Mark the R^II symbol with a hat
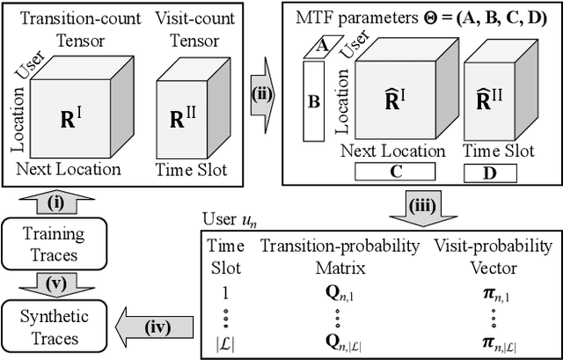(499, 101)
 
